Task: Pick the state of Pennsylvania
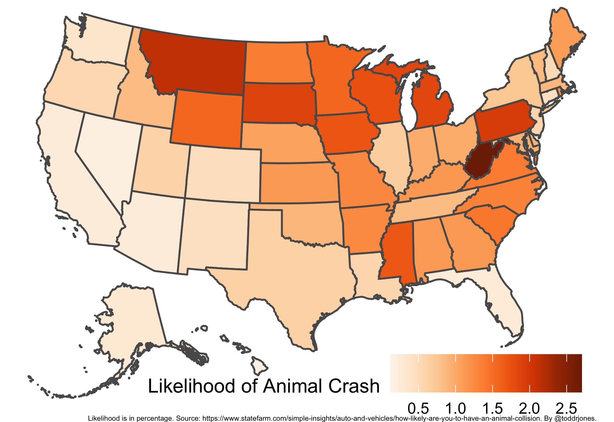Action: click(504, 121)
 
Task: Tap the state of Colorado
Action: click(224, 174)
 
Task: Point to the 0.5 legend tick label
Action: click(418, 409)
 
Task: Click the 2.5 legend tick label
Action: click(566, 409)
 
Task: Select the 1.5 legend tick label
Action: click(492, 409)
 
